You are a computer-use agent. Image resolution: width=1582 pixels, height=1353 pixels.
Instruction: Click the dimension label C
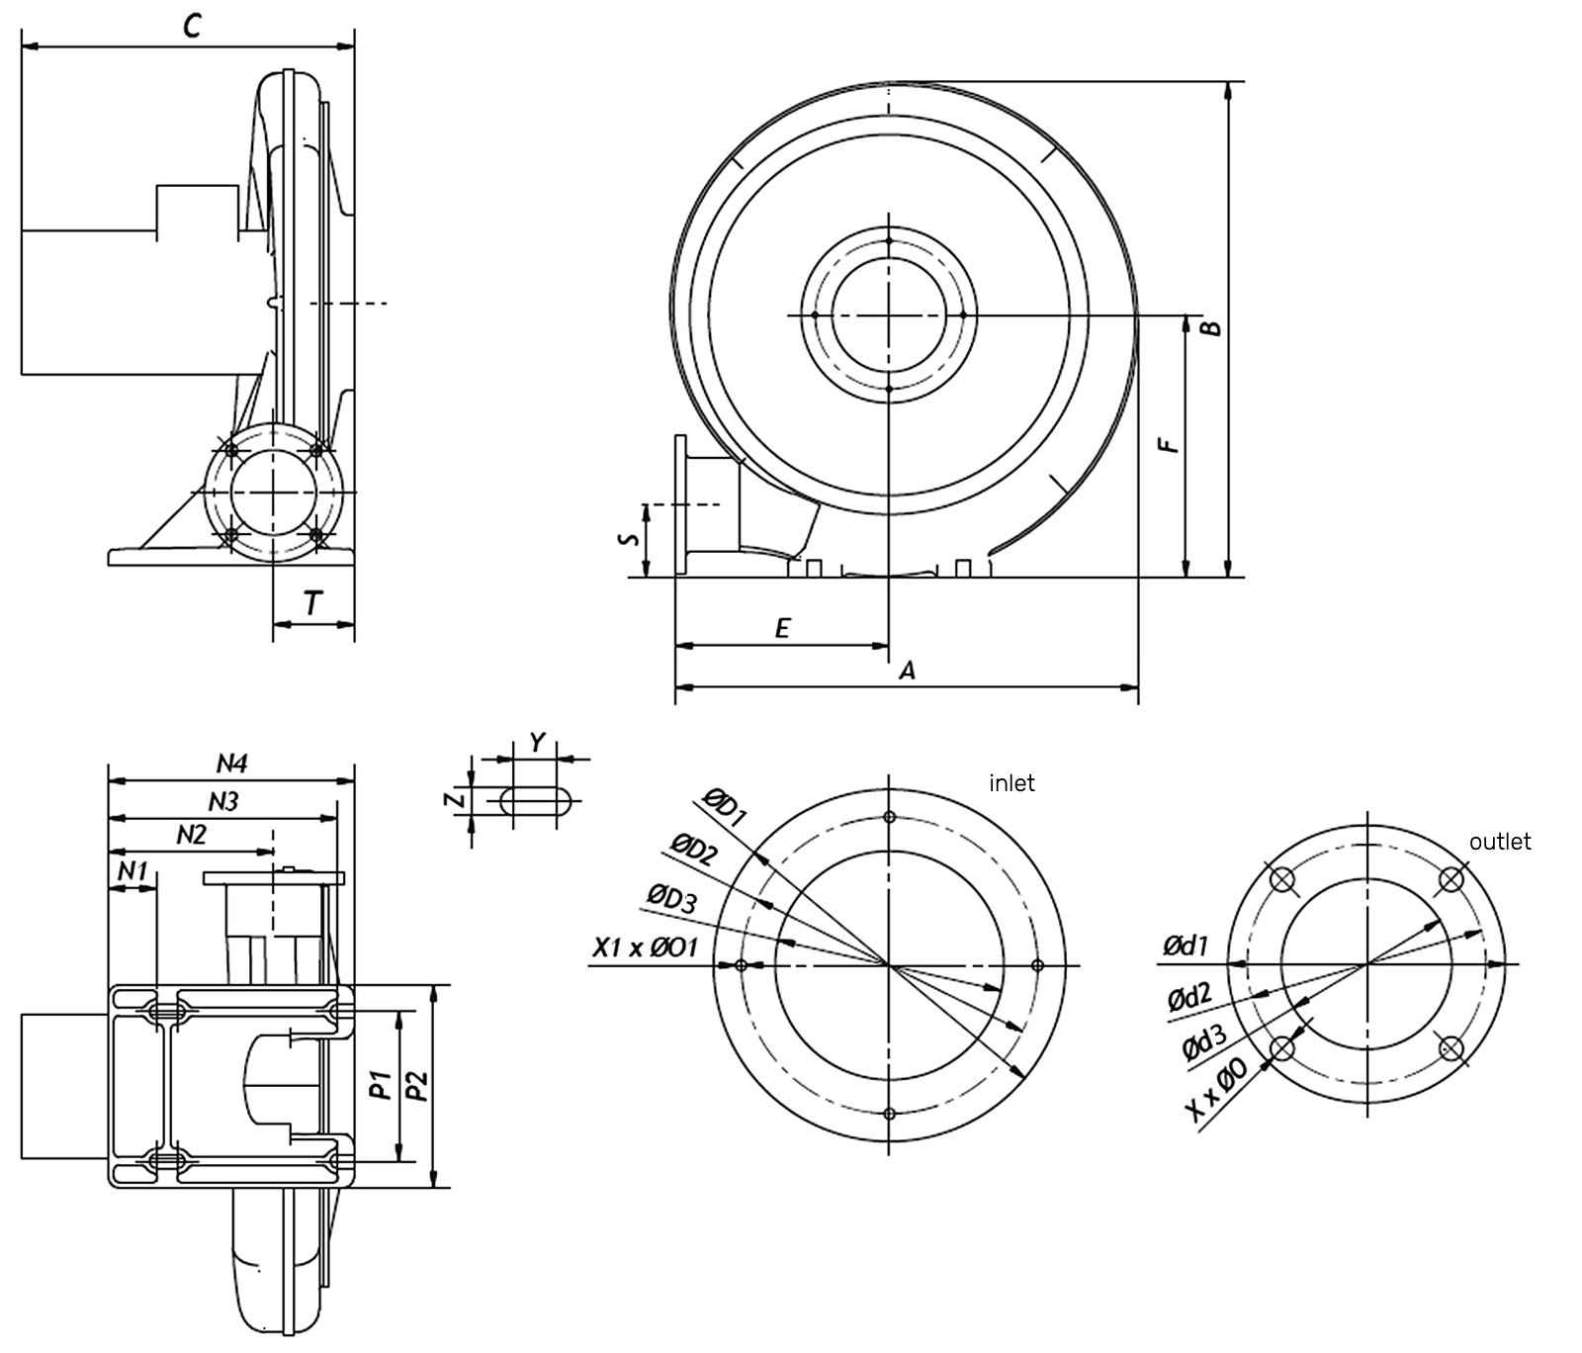(x=192, y=26)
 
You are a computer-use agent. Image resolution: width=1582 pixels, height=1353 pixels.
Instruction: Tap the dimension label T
(x=312, y=602)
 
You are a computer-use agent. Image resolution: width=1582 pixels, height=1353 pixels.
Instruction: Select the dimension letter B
(x=1211, y=327)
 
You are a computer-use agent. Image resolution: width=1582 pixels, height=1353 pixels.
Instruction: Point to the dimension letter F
(x=1171, y=441)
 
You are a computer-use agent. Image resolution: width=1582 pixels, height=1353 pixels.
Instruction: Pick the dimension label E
(x=782, y=628)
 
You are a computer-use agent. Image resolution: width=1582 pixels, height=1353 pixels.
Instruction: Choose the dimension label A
(x=907, y=671)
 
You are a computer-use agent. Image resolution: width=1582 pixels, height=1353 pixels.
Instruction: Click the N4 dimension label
(x=231, y=764)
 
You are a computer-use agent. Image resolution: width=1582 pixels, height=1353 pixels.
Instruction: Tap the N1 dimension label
(x=132, y=870)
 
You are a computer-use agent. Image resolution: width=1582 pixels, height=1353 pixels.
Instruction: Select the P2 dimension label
(x=418, y=1085)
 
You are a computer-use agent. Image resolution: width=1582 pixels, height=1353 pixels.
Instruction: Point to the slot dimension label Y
(x=537, y=743)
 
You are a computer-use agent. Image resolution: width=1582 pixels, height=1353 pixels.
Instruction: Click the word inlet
(x=1011, y=783)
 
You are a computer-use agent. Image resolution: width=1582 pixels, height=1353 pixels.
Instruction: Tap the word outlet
(x=1499, y=842)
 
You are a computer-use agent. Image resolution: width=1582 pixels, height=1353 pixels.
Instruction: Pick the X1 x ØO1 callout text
(x=645, y=947)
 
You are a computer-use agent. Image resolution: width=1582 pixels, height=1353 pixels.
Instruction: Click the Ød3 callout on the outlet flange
(x=1205, y=1045)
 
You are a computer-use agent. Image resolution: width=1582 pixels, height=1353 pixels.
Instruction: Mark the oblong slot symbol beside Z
(x=539, y=800)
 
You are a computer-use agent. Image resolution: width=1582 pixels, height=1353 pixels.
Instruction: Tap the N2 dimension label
(x=191, y=835)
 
